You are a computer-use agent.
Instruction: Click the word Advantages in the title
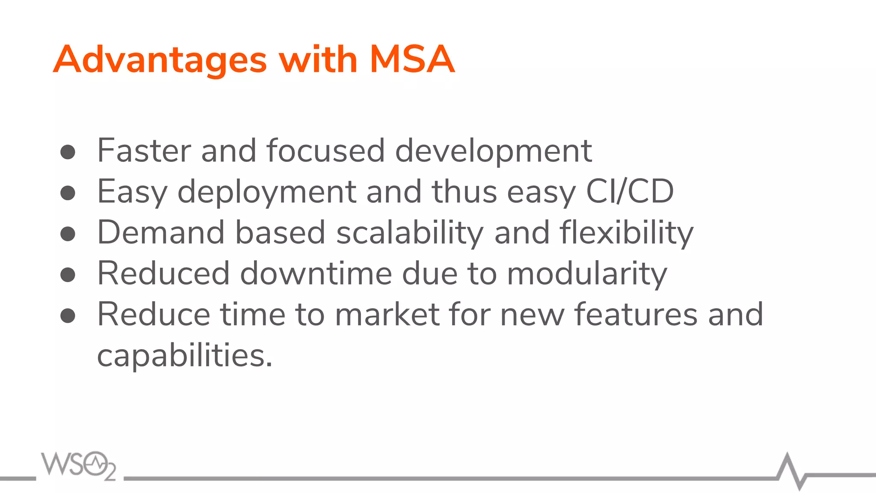[160, 60]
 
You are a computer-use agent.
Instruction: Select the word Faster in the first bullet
[144, 151]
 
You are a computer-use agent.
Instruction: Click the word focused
[325, 151]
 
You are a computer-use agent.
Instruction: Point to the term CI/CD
[630, 191]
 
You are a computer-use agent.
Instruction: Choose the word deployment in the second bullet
[266, 192]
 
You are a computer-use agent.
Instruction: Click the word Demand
[161, 232]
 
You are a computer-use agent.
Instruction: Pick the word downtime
[316, 273]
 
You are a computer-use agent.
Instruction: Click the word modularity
[587, 274]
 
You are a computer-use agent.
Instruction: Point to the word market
[387, 314]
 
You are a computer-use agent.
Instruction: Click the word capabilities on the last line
[184, 356]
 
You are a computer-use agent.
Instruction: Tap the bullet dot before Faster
[68, 152]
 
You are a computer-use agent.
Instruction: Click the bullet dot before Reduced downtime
[68, 275]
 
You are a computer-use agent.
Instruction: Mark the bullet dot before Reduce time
[68, 316]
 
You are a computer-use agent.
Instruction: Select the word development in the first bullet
[493, 151]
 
